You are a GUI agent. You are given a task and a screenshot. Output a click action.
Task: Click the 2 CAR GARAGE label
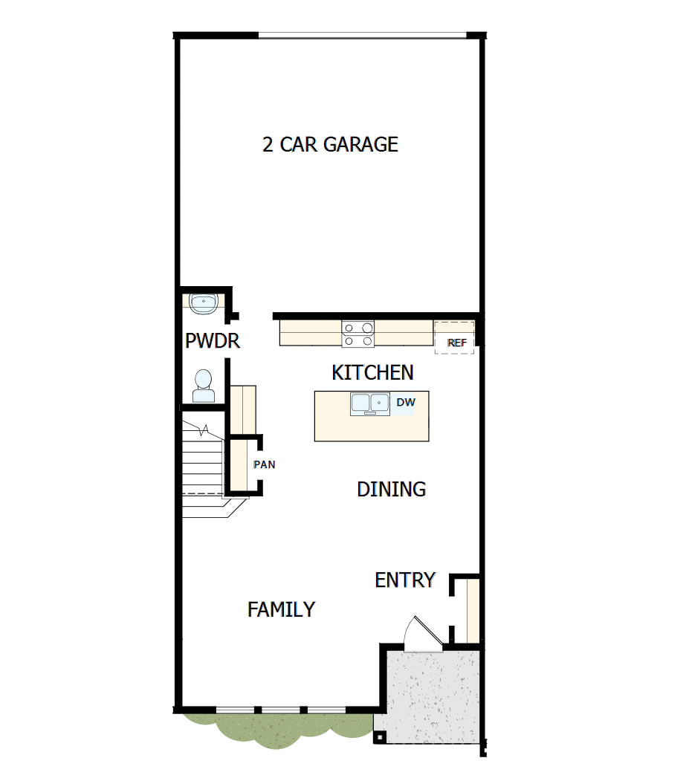[x=330, y=144]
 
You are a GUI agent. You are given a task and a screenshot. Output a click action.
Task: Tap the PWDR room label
[x=212, y=341]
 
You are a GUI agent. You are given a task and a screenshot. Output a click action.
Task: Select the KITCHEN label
[x=372, y=372]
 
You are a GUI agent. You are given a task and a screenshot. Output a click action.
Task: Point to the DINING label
[x=391, y=489]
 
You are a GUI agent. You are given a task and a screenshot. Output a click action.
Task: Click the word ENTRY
[x=405, y=580]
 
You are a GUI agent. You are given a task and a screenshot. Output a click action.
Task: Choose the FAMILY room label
[x=281, y=609]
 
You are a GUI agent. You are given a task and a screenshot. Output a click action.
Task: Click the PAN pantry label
[x=264, y=465]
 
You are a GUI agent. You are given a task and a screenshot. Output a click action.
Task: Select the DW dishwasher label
[x=405, y=403]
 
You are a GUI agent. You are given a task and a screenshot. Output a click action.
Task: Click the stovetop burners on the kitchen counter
[x=358, y=334]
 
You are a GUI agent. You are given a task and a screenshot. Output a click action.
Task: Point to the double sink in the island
[x=370, y=403]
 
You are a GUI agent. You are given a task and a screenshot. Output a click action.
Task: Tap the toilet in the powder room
[x=202, y=386]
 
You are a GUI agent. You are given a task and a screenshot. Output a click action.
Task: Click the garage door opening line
[x=362, y=34]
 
